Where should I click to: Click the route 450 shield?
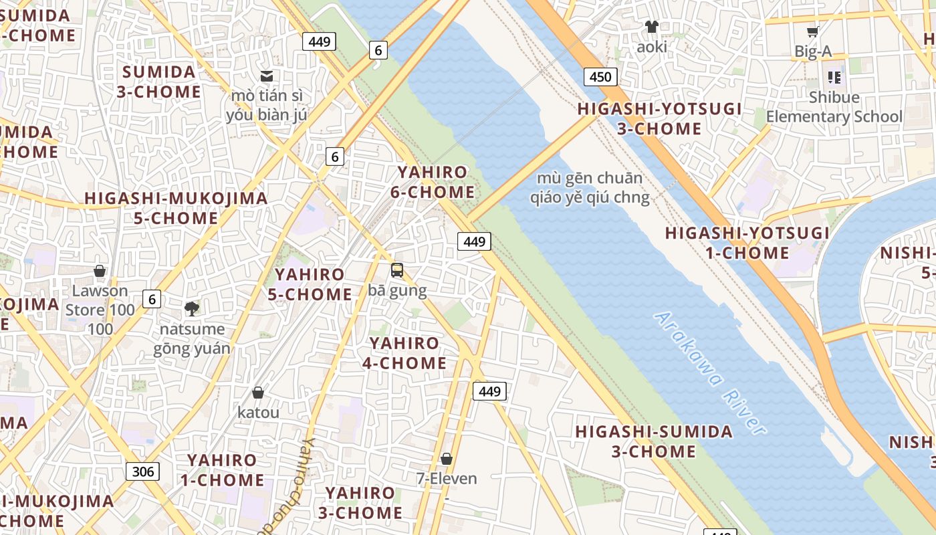tap(600, 76)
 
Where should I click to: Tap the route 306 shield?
tap(142, 471)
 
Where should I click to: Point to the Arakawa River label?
tap(710, 372)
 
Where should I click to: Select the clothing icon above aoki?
tap(652, 27)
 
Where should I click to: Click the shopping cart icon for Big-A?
tap(813, 31)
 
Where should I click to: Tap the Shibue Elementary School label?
tap(834, 107)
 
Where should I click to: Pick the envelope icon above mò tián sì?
tap(267, 76)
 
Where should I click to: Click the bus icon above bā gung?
tap(397, 270)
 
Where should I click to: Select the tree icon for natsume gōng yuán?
tap(192, 308)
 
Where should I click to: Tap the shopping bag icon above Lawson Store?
tap(100, 271)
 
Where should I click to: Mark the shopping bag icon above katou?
tap(258, 393)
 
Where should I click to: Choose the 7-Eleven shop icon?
tap(447, 459)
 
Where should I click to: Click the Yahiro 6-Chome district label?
tap(433, 182)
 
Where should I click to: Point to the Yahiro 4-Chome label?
tap(404, 353)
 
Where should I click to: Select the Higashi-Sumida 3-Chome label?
tap(654, 441)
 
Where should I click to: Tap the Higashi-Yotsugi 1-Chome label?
tap(747, 243)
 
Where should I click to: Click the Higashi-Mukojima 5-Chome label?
tap(177, 208)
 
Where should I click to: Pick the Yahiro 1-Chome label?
tap(222, 469)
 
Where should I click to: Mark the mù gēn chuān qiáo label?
tap(590, 187)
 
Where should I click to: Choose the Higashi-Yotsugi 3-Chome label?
tap(659, 118)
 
